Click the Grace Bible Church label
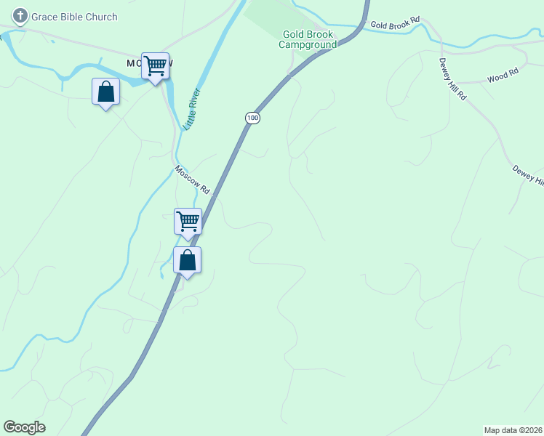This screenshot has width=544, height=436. (73, 17)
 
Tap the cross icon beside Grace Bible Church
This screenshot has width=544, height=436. (20, 16)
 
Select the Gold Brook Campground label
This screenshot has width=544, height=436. (308, 39)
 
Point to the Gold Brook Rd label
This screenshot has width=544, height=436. (395, 25)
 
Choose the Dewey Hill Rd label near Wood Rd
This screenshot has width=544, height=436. (452, 79)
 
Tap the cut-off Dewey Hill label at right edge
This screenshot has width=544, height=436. (528, 174)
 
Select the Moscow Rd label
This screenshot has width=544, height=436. (192, 179)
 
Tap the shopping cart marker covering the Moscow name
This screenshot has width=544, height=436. (155, 67)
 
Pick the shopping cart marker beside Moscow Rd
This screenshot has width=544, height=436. (188, 222)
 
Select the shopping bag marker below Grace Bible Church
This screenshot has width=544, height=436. (106, 92)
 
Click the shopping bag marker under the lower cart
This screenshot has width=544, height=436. (187, 261)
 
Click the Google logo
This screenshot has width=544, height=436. (24, 427)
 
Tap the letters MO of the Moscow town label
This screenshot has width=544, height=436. (134, 63)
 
